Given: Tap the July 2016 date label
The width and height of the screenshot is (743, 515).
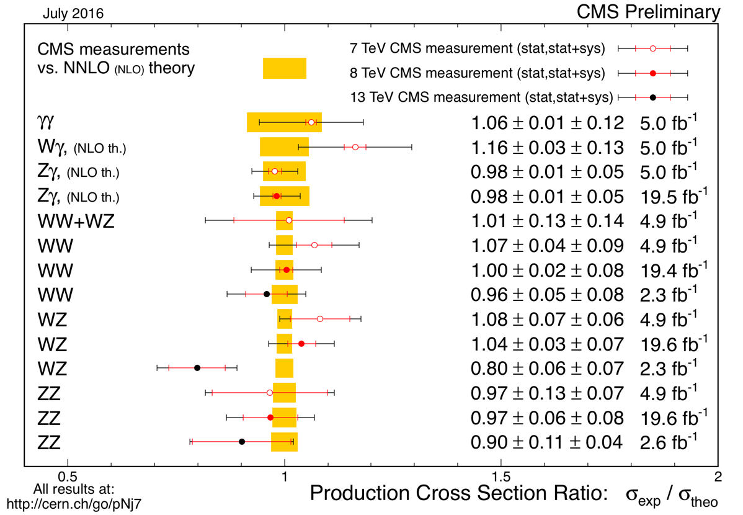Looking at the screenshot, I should coord(73,12).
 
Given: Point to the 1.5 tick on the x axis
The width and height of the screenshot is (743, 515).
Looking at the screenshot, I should coord(501,478).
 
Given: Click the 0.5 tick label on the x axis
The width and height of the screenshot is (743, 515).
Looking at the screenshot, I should coord(67,478).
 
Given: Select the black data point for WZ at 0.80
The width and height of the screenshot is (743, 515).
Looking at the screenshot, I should coord(197,368).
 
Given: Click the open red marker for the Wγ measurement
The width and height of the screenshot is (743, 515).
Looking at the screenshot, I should coord(355,147).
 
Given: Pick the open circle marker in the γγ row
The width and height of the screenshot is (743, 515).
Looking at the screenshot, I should coord(311,122).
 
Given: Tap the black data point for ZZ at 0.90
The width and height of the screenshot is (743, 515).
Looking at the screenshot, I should coord(242,442).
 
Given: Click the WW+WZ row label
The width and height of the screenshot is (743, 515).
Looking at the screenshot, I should coord(76,221).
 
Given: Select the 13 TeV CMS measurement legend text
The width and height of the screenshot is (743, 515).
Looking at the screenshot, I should coord(481,97).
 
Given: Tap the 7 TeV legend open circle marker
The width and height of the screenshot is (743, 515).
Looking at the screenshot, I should coord(652,48).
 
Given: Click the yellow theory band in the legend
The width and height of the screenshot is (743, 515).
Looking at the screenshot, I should coord(285,68).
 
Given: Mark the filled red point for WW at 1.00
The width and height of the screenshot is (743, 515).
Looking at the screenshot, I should coord(287,269).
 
